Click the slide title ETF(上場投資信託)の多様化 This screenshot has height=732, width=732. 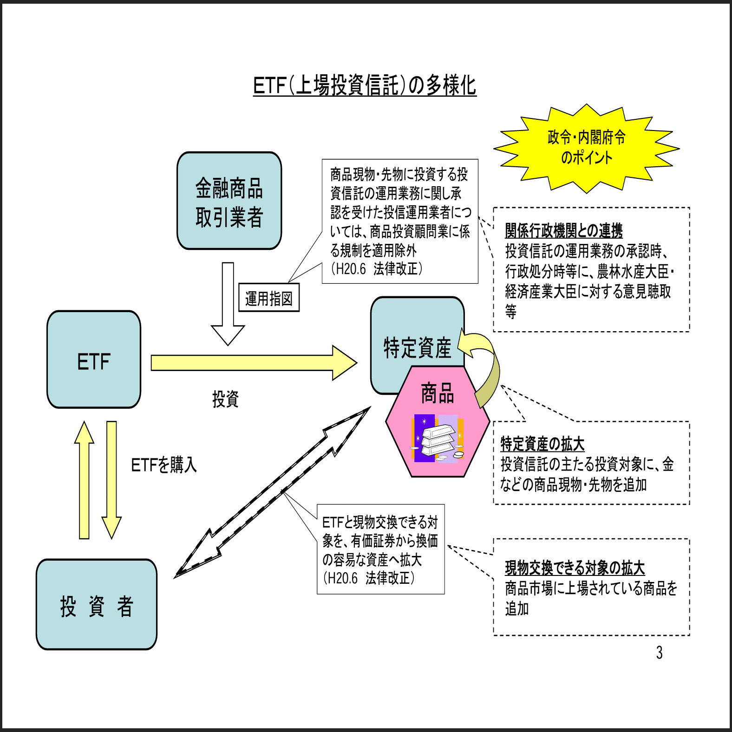[365, 85]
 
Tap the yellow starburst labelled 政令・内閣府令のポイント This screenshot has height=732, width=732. [586, 148]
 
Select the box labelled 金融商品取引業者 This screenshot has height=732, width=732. [229, 201]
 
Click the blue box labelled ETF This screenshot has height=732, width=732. [94, 360]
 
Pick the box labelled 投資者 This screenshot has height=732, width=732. [97, 605]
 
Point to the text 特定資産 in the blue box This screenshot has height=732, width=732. [417, 347]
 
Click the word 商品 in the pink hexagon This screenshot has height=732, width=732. [437, 393]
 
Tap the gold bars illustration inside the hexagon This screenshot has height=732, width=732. [437, 439]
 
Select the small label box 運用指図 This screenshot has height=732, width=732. [269, 298]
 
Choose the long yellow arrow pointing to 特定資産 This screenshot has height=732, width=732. [253, 363]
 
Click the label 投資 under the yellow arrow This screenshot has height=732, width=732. [225, 399]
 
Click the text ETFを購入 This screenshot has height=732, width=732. [164, 464]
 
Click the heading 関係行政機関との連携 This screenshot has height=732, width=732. [563, 230]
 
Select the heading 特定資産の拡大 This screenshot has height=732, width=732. [542, 444]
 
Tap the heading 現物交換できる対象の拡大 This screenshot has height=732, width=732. [575, 568]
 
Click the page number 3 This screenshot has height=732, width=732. [659, 653]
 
